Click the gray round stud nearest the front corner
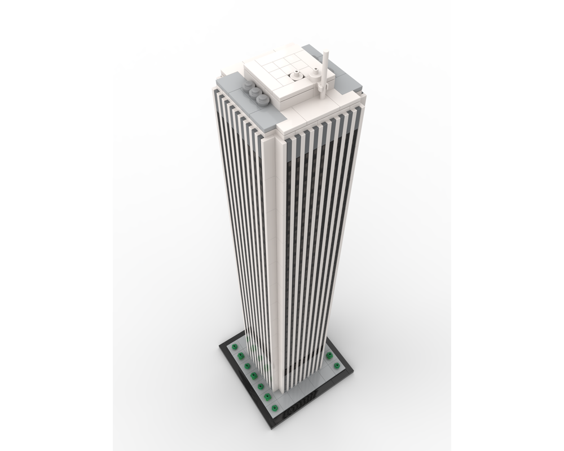point(262,100)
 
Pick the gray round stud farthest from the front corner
point(248,86)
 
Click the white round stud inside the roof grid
point(295,75)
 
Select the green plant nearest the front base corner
point(274,408)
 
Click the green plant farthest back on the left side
point(234,346)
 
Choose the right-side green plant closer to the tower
point(329,355)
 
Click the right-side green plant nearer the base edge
point(337,365)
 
